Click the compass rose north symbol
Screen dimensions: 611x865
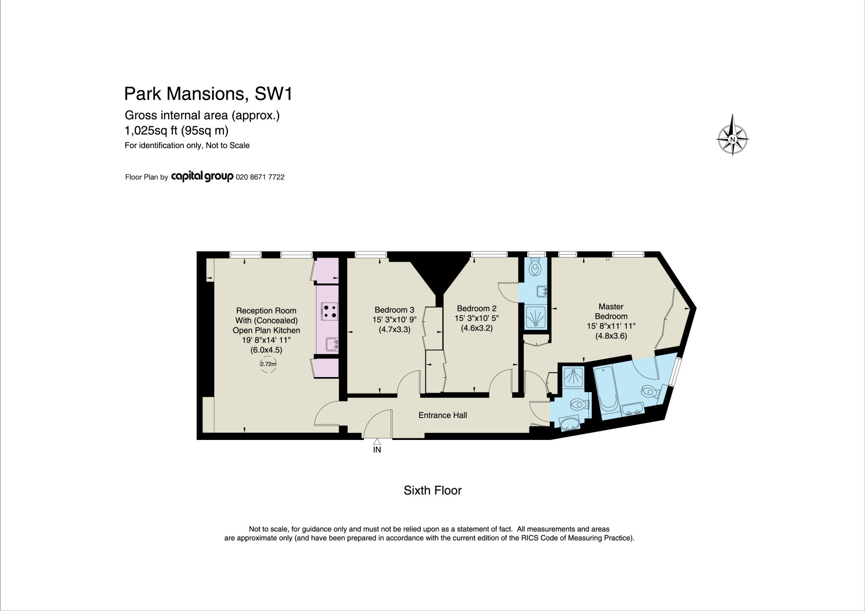click(x=733, y=138)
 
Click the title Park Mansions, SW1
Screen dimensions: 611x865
click(x=208, y=94)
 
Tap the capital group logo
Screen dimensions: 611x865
click(x=202, y=177)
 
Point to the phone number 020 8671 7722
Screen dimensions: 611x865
click(x=260, y=177)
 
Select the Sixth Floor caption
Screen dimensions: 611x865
click(x=432, y=490)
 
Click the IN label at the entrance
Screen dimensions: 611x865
click(x=377, y=450)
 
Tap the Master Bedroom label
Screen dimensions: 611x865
click(x=611, y=311)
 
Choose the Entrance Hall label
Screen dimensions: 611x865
click(x=443, y=415)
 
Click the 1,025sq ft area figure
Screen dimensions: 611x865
click(x=151, y=131)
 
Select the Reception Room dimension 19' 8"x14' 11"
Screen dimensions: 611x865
click(x=266, y=340)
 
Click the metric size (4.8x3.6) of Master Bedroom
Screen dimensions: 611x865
click(x=611, y=336)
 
